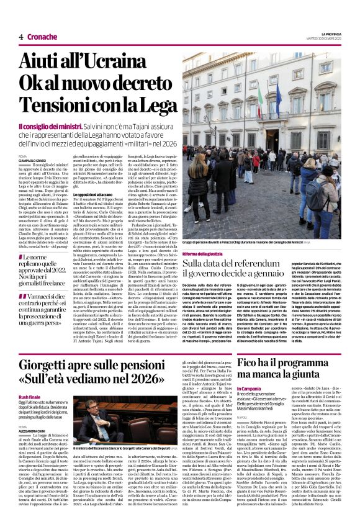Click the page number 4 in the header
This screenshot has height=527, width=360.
click(x=21, y=37)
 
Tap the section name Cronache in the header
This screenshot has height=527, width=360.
click(x=42, y=37)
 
